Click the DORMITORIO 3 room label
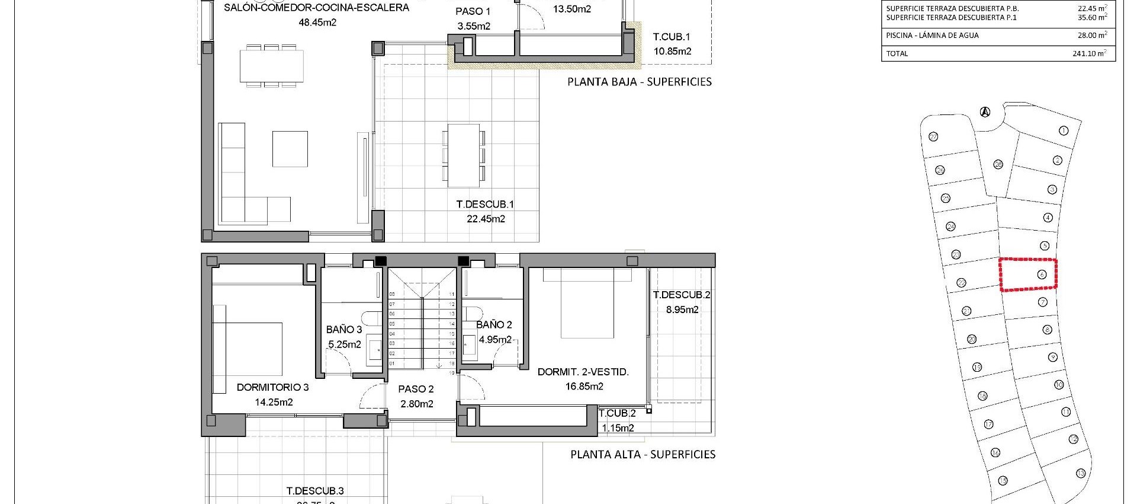(x=272, y=387)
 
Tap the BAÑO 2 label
(x=494, y=324)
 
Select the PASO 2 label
(x=416, y=389)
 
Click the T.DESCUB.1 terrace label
(x=485, y=204)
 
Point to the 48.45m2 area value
(x=317, y=23)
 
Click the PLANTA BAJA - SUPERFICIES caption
(x=639, y=82)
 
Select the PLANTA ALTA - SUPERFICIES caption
(x=643, y=454)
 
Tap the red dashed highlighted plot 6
(x=1029, y=275)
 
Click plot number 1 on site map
(x=1063, y=130)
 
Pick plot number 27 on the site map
(x=933, y=136)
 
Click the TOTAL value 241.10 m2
(x=1088, y=53)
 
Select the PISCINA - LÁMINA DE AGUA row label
(x=932, y=36)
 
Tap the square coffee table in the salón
(x=290, y=149)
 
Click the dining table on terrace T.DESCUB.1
(x=463, y=154)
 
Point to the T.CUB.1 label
(x=671, y=37)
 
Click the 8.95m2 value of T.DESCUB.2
(x=682, y=310)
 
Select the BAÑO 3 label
(x=343, y=329)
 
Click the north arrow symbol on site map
(x=985, y=111)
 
